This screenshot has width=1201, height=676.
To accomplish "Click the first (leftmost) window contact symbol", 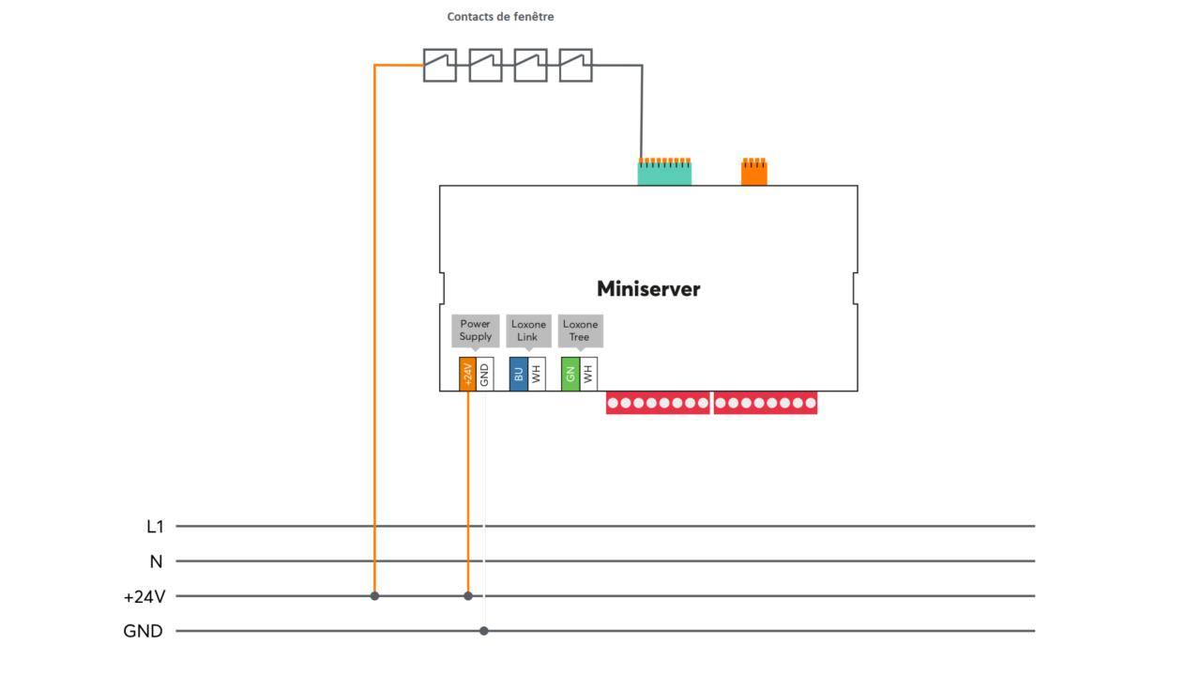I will (439, 66).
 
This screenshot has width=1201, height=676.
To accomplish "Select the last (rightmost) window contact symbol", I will (575, 66).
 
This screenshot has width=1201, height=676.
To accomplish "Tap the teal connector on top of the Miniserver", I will (664, 173).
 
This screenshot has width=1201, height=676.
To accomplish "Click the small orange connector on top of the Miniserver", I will (753, 173).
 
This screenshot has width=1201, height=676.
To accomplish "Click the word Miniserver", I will (648, 289).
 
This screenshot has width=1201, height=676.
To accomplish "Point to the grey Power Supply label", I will (476, 330).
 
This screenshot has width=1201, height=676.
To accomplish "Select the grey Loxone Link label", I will (527, 330).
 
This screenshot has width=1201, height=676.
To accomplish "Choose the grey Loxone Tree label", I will (580, 330).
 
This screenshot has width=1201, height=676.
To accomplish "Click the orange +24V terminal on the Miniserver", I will (467, 374).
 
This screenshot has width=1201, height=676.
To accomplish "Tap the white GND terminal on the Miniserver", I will (484, 374).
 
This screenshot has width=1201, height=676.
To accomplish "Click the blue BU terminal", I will (518, 374).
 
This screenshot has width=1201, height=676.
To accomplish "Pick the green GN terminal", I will (570, 374).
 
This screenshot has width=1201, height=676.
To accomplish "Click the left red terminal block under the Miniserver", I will (657, 404).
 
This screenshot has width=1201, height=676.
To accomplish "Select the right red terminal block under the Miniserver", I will (765, 404).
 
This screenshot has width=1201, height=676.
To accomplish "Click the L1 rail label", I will (155, 527).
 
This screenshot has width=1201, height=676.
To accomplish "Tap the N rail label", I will (156, 561).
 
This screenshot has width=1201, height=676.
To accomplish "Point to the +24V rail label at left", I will (144, 596).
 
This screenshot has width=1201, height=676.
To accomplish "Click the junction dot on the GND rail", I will (484, 631).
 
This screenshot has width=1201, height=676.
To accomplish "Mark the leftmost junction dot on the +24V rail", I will (374, 596).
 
